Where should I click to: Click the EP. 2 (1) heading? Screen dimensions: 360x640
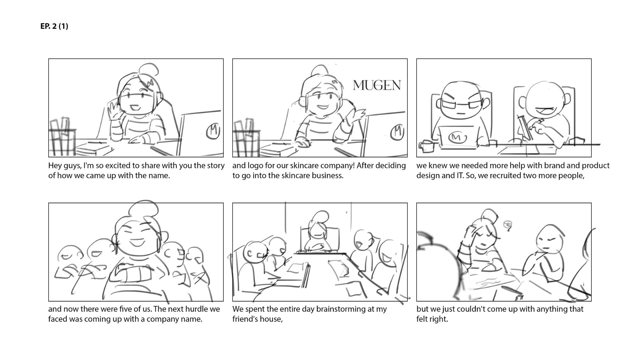point(54,26)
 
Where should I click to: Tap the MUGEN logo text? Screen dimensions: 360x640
point(377,85)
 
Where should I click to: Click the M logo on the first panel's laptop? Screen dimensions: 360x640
point(213,131)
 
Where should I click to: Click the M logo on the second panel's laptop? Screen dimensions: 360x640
point(397,132)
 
